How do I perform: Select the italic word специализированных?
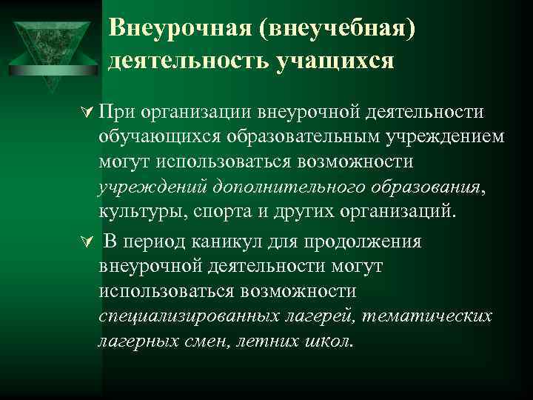(188, 316)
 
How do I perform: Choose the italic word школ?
(332, 341)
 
